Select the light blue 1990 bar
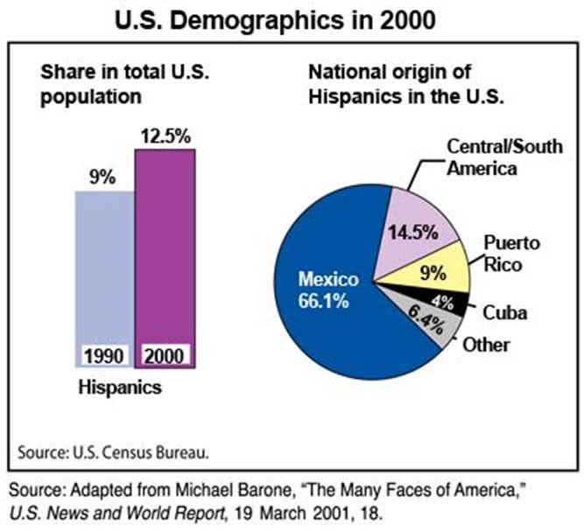103,262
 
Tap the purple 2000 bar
164,245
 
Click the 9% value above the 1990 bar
102,177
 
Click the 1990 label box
104,356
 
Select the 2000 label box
164,356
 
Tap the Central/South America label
504,156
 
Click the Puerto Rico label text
513,252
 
